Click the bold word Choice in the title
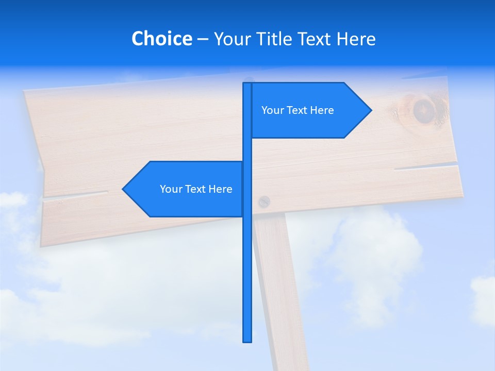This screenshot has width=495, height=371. point(161,39)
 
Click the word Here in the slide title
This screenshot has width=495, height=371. point(356,39)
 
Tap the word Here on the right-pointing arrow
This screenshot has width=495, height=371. point(322,110)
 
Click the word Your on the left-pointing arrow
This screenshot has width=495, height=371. point(171,189)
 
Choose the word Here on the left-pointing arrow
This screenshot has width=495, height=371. point(221,189)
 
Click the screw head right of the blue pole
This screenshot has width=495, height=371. point(263,201)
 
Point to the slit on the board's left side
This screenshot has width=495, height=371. point(77,195)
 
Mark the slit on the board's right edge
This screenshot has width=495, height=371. point(428,167)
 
